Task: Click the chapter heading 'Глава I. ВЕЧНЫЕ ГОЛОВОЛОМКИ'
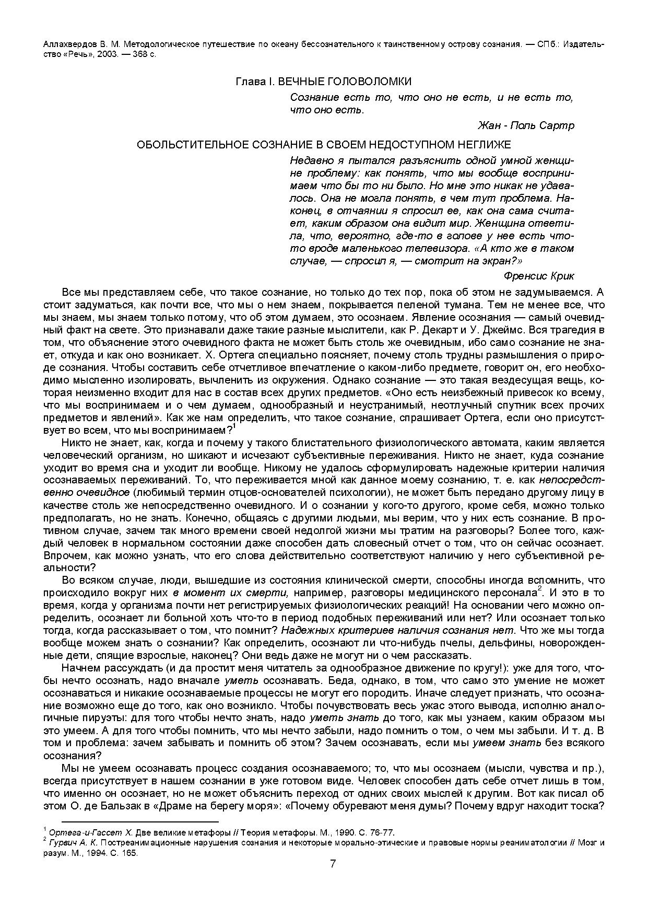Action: [x=324, y=82]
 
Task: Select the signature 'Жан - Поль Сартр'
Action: [x=526, y=125]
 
